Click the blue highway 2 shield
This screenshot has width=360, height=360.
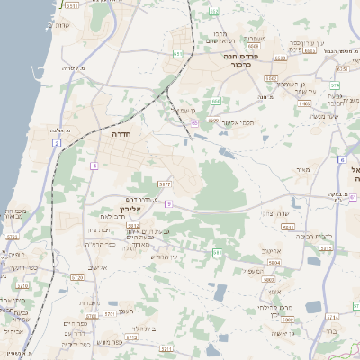click(56, 143)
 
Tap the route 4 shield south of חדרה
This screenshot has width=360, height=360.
click(94, 166)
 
